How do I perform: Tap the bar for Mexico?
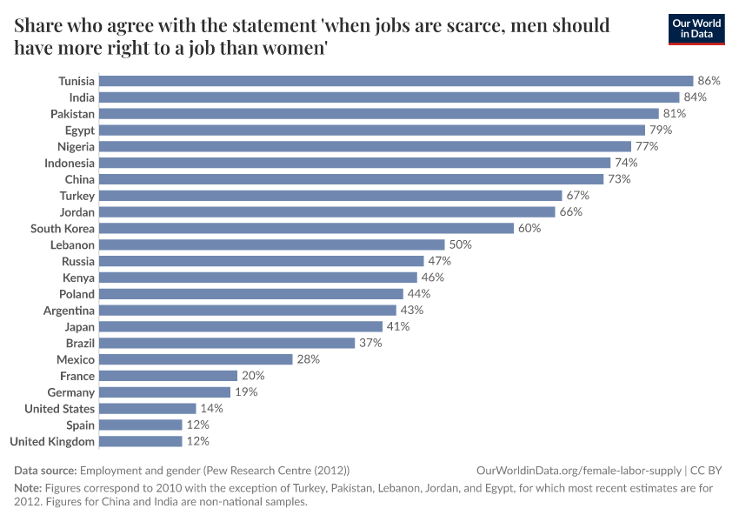(x=196, y=359)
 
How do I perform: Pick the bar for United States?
(x=148, y=408)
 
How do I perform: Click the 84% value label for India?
(x=695, y=97)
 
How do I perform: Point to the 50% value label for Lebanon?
(x=460, y=244)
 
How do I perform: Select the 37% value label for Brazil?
(x=370, y=343)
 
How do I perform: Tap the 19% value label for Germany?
(x=246, y=392)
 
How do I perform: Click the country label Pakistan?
(x=72, y=114)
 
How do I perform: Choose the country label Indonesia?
(x=70, y=163)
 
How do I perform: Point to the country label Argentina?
(x=70, y=311)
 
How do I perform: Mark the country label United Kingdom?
(x=52, y=441)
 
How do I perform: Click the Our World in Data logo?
(x=696, y=29)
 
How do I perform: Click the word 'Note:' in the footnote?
(x=28, y=488)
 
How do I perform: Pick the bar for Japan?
(x=241, y=326)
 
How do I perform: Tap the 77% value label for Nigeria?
(x=647, y=146)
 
